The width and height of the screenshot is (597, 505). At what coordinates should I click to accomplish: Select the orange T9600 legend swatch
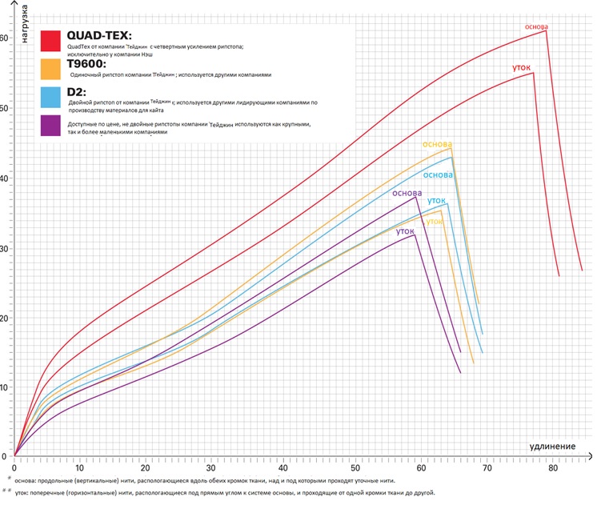(x=53, y=69)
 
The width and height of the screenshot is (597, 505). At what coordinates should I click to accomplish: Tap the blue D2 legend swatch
(x=53, y=98)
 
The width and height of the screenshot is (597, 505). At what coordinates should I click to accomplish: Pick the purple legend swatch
(x=53, y=126)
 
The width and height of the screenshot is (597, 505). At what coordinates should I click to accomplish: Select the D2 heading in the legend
(x=77, y=92)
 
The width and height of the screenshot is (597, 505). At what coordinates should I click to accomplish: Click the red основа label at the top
(x=536, y=26)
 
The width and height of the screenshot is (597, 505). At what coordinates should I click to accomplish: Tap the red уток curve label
(x=522, y=68)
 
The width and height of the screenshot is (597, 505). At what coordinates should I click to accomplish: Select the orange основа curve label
(x=438, y=144)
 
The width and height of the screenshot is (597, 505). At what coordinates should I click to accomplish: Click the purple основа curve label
(x=407, y=193)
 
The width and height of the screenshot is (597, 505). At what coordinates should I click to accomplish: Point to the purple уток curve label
(x=405, y=230)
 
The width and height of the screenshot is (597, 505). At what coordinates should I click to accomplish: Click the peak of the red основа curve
(x=547, y=30)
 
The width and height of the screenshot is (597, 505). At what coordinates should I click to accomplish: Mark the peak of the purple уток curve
(x=415, y=234)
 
